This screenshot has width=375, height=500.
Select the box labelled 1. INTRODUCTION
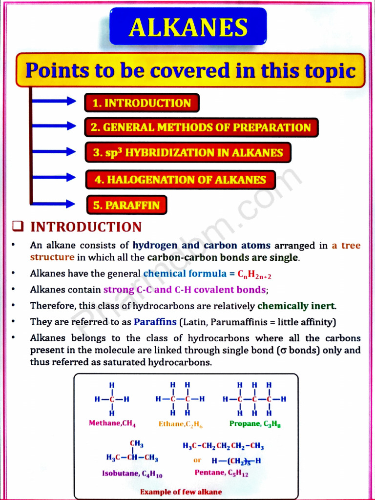[142, 103]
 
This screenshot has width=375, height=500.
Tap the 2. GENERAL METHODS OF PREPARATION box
[201, 127]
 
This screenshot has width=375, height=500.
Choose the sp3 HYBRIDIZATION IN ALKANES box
[188, 152]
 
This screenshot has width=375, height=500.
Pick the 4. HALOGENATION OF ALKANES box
[180, 180]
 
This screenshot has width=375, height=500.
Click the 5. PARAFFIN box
[126, 205]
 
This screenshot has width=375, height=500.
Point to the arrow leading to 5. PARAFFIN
[54, 204]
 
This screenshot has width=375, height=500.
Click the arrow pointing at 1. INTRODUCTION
[54, 102]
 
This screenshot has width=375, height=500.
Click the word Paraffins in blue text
[155, 322]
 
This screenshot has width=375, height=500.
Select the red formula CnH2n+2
[254, 274]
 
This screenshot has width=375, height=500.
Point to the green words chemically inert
[296, 306]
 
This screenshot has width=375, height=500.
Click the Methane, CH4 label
[112, 423]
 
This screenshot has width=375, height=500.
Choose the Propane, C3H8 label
[255, 424]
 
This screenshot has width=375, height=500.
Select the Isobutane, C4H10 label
[132, 473]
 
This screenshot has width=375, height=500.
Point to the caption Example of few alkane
[181, 492]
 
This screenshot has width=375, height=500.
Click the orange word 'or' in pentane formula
[197, 460]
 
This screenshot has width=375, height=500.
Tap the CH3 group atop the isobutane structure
[137, 443]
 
